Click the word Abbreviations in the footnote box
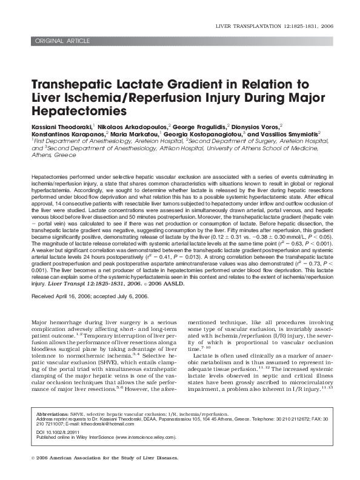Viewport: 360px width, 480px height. [52, 413]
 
